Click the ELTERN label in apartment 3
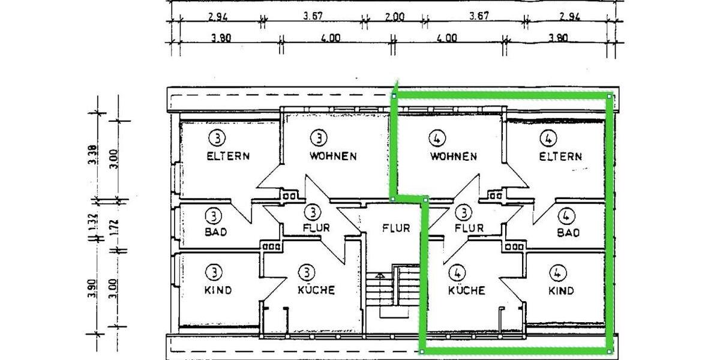[228, 156]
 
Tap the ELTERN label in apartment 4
[560, 157]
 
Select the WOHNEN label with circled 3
[333, 156]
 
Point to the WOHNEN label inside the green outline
[453, 157]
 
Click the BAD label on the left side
[216, 232]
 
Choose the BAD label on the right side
[568, 232]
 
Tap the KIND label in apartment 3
[218, 290]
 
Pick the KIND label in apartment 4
[561, 291]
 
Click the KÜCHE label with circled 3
[316, 290]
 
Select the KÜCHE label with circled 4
[467, 291]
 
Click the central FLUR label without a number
[396, 228]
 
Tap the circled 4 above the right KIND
[558, 274]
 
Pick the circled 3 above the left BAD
[214, 215]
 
